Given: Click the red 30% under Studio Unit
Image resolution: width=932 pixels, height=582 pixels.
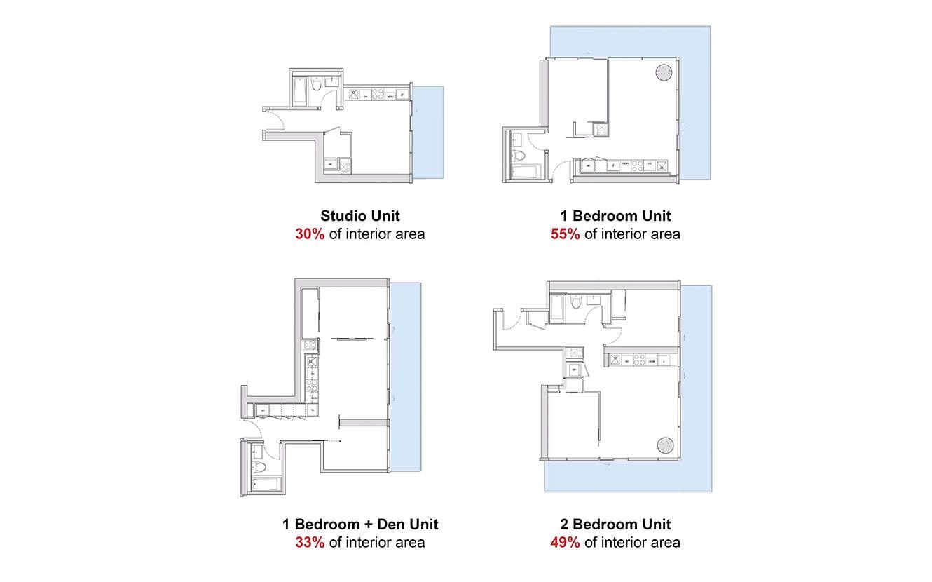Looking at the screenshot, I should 309,234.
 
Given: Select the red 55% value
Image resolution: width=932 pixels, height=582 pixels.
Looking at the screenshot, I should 565,234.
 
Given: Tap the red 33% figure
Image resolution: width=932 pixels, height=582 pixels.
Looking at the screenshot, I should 309,542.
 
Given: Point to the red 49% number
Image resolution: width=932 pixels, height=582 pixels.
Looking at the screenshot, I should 565,542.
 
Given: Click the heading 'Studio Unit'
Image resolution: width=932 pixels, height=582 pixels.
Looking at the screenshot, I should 359,216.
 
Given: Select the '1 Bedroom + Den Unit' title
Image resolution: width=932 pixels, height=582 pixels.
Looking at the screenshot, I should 360,524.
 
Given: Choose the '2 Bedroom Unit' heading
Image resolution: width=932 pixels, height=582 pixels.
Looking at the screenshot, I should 615,524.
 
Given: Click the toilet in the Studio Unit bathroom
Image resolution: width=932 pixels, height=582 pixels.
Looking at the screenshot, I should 316,86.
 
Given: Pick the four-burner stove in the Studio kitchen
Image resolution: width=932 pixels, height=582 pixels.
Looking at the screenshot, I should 376,94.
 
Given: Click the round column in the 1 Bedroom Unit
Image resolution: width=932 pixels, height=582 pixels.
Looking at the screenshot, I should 663,72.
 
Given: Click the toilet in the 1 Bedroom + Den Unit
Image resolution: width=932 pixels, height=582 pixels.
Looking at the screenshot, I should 258,467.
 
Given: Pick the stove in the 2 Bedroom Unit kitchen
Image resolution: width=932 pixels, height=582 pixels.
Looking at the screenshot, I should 639,361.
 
